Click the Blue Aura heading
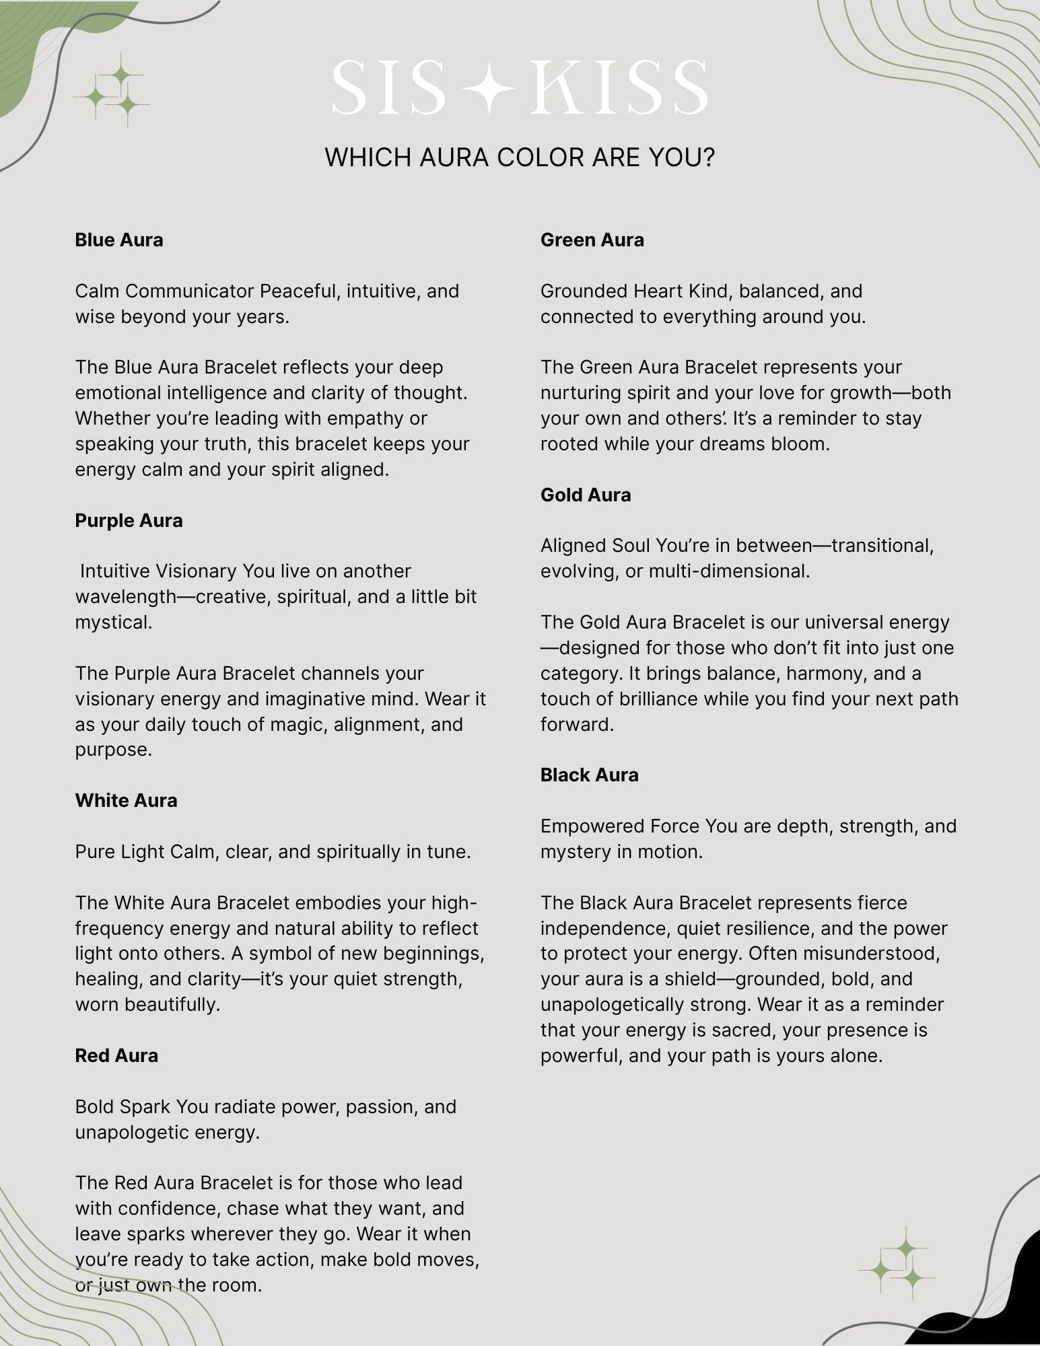click(x=119, y=240)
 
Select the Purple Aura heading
click(x=129, y=520)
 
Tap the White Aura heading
click(x=126, y=800)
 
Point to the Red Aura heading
click(x=116, y=1055)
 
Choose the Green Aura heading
click(x=592, y=240)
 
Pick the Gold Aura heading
click(x=586, y=495)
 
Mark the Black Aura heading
click(x=589, y=775)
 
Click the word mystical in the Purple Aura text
click(x=113, y=622)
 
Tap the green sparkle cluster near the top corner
click(x=112, y=91)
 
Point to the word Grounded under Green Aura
click(x=584, y=291)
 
